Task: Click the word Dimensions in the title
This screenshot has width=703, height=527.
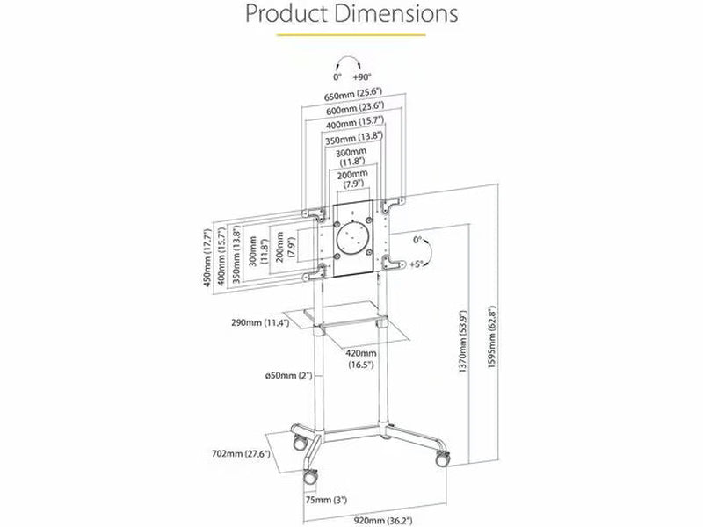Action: click(396, 13)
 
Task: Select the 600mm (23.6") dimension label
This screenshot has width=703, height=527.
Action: click(355, 108)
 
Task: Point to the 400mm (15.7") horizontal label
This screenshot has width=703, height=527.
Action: click(355, 122)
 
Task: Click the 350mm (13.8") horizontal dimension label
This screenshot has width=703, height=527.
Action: click(354, 138)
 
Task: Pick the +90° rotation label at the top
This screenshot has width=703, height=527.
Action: click(362, 76)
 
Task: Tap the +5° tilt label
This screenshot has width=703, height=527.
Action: click(416, 264)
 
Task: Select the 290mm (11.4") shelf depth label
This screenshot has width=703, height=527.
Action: click(260, 322)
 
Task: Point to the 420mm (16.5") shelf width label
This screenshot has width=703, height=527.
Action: click(361, 359)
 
